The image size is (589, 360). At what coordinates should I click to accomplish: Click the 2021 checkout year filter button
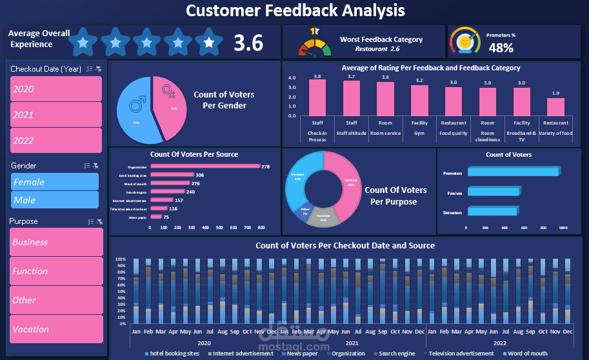(56, 115)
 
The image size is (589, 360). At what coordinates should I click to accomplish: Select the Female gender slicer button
(55, 182)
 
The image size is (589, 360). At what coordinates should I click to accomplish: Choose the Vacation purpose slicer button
(56, 329)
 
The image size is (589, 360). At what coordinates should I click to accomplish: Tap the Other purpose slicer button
(56, 300)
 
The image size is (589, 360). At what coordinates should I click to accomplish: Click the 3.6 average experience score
(248, 43)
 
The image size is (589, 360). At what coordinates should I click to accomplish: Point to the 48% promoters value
(501, 48)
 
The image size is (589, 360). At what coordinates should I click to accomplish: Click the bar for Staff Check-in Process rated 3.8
(317, 98)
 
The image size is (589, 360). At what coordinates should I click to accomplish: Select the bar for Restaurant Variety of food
(556, 107)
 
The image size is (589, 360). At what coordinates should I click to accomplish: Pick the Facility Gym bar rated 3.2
(419, 101)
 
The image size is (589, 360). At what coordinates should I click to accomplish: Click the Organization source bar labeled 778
(205, 166)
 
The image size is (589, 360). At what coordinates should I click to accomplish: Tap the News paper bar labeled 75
(155, 217)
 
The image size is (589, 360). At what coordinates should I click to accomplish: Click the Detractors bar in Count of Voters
(492, 212)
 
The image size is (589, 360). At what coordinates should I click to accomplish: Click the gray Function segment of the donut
(323, 218)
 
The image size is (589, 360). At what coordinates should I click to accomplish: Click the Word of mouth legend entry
(527, 354)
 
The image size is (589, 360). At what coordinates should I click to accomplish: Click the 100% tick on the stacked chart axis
(120, 259)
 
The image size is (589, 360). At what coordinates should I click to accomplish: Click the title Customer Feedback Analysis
(295, 10)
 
